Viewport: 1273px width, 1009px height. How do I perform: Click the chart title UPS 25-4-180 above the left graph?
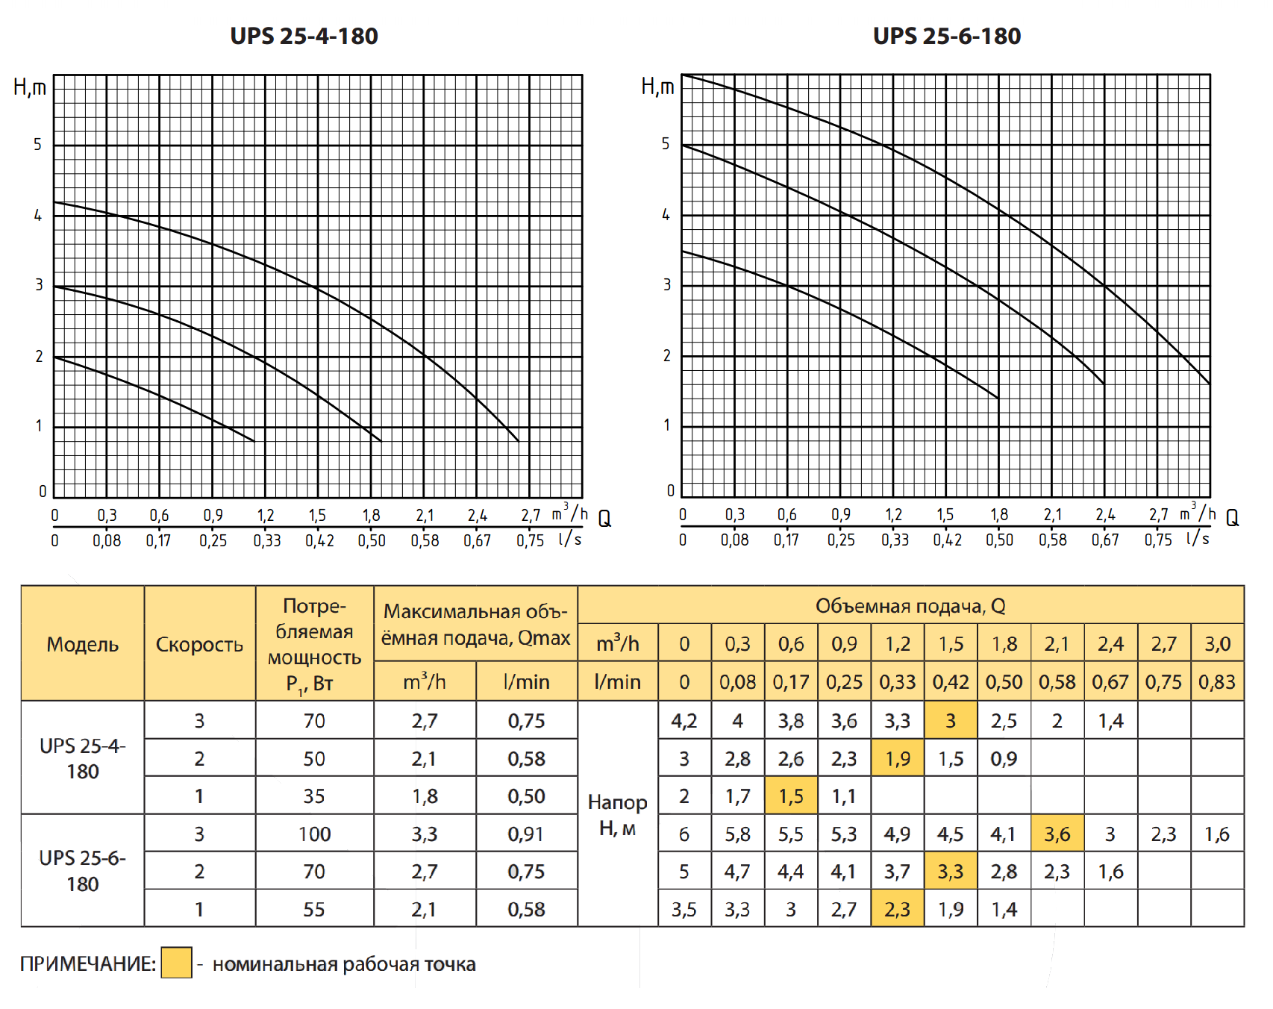click(x=304, y=36)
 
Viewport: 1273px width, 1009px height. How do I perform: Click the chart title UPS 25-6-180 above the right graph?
click(x=946, y=36)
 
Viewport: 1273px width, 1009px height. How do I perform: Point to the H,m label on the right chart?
click(x=657, y=87)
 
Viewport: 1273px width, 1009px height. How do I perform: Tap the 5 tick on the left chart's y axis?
click(x=38, y=144)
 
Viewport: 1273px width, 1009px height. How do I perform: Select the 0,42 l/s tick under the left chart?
click(x=319, y=540)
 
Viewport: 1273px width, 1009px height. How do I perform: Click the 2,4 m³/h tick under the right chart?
click(x=1105, y=515)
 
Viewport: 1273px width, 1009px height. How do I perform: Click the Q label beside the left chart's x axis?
click(x=604, y=519)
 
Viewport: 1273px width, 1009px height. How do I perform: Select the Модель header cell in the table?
click(x=82, y=644)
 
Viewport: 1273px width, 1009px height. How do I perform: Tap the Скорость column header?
click(x=199, y=644)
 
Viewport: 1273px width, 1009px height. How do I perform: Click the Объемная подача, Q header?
click(x=910, y=605)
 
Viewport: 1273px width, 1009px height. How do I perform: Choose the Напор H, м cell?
click(x=617, y=814)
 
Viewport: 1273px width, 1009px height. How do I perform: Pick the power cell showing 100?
click(x=314, y=834)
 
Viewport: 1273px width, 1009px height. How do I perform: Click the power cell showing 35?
click(x=314, y=796)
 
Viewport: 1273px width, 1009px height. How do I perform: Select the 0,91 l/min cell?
click(x=526, y=834)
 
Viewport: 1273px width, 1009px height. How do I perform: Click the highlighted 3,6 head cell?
click(x=1057, y=834)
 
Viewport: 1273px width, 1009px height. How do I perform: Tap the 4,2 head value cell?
click(x=684, y=721)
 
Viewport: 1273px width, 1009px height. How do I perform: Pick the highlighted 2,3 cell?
click(x=897, y=909)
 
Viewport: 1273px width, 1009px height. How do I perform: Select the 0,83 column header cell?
click(x=1216, y=681)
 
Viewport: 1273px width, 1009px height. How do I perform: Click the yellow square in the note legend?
click(x=177, y=963)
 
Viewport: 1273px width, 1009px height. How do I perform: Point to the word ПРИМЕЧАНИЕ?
click(x=87, y=964)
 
